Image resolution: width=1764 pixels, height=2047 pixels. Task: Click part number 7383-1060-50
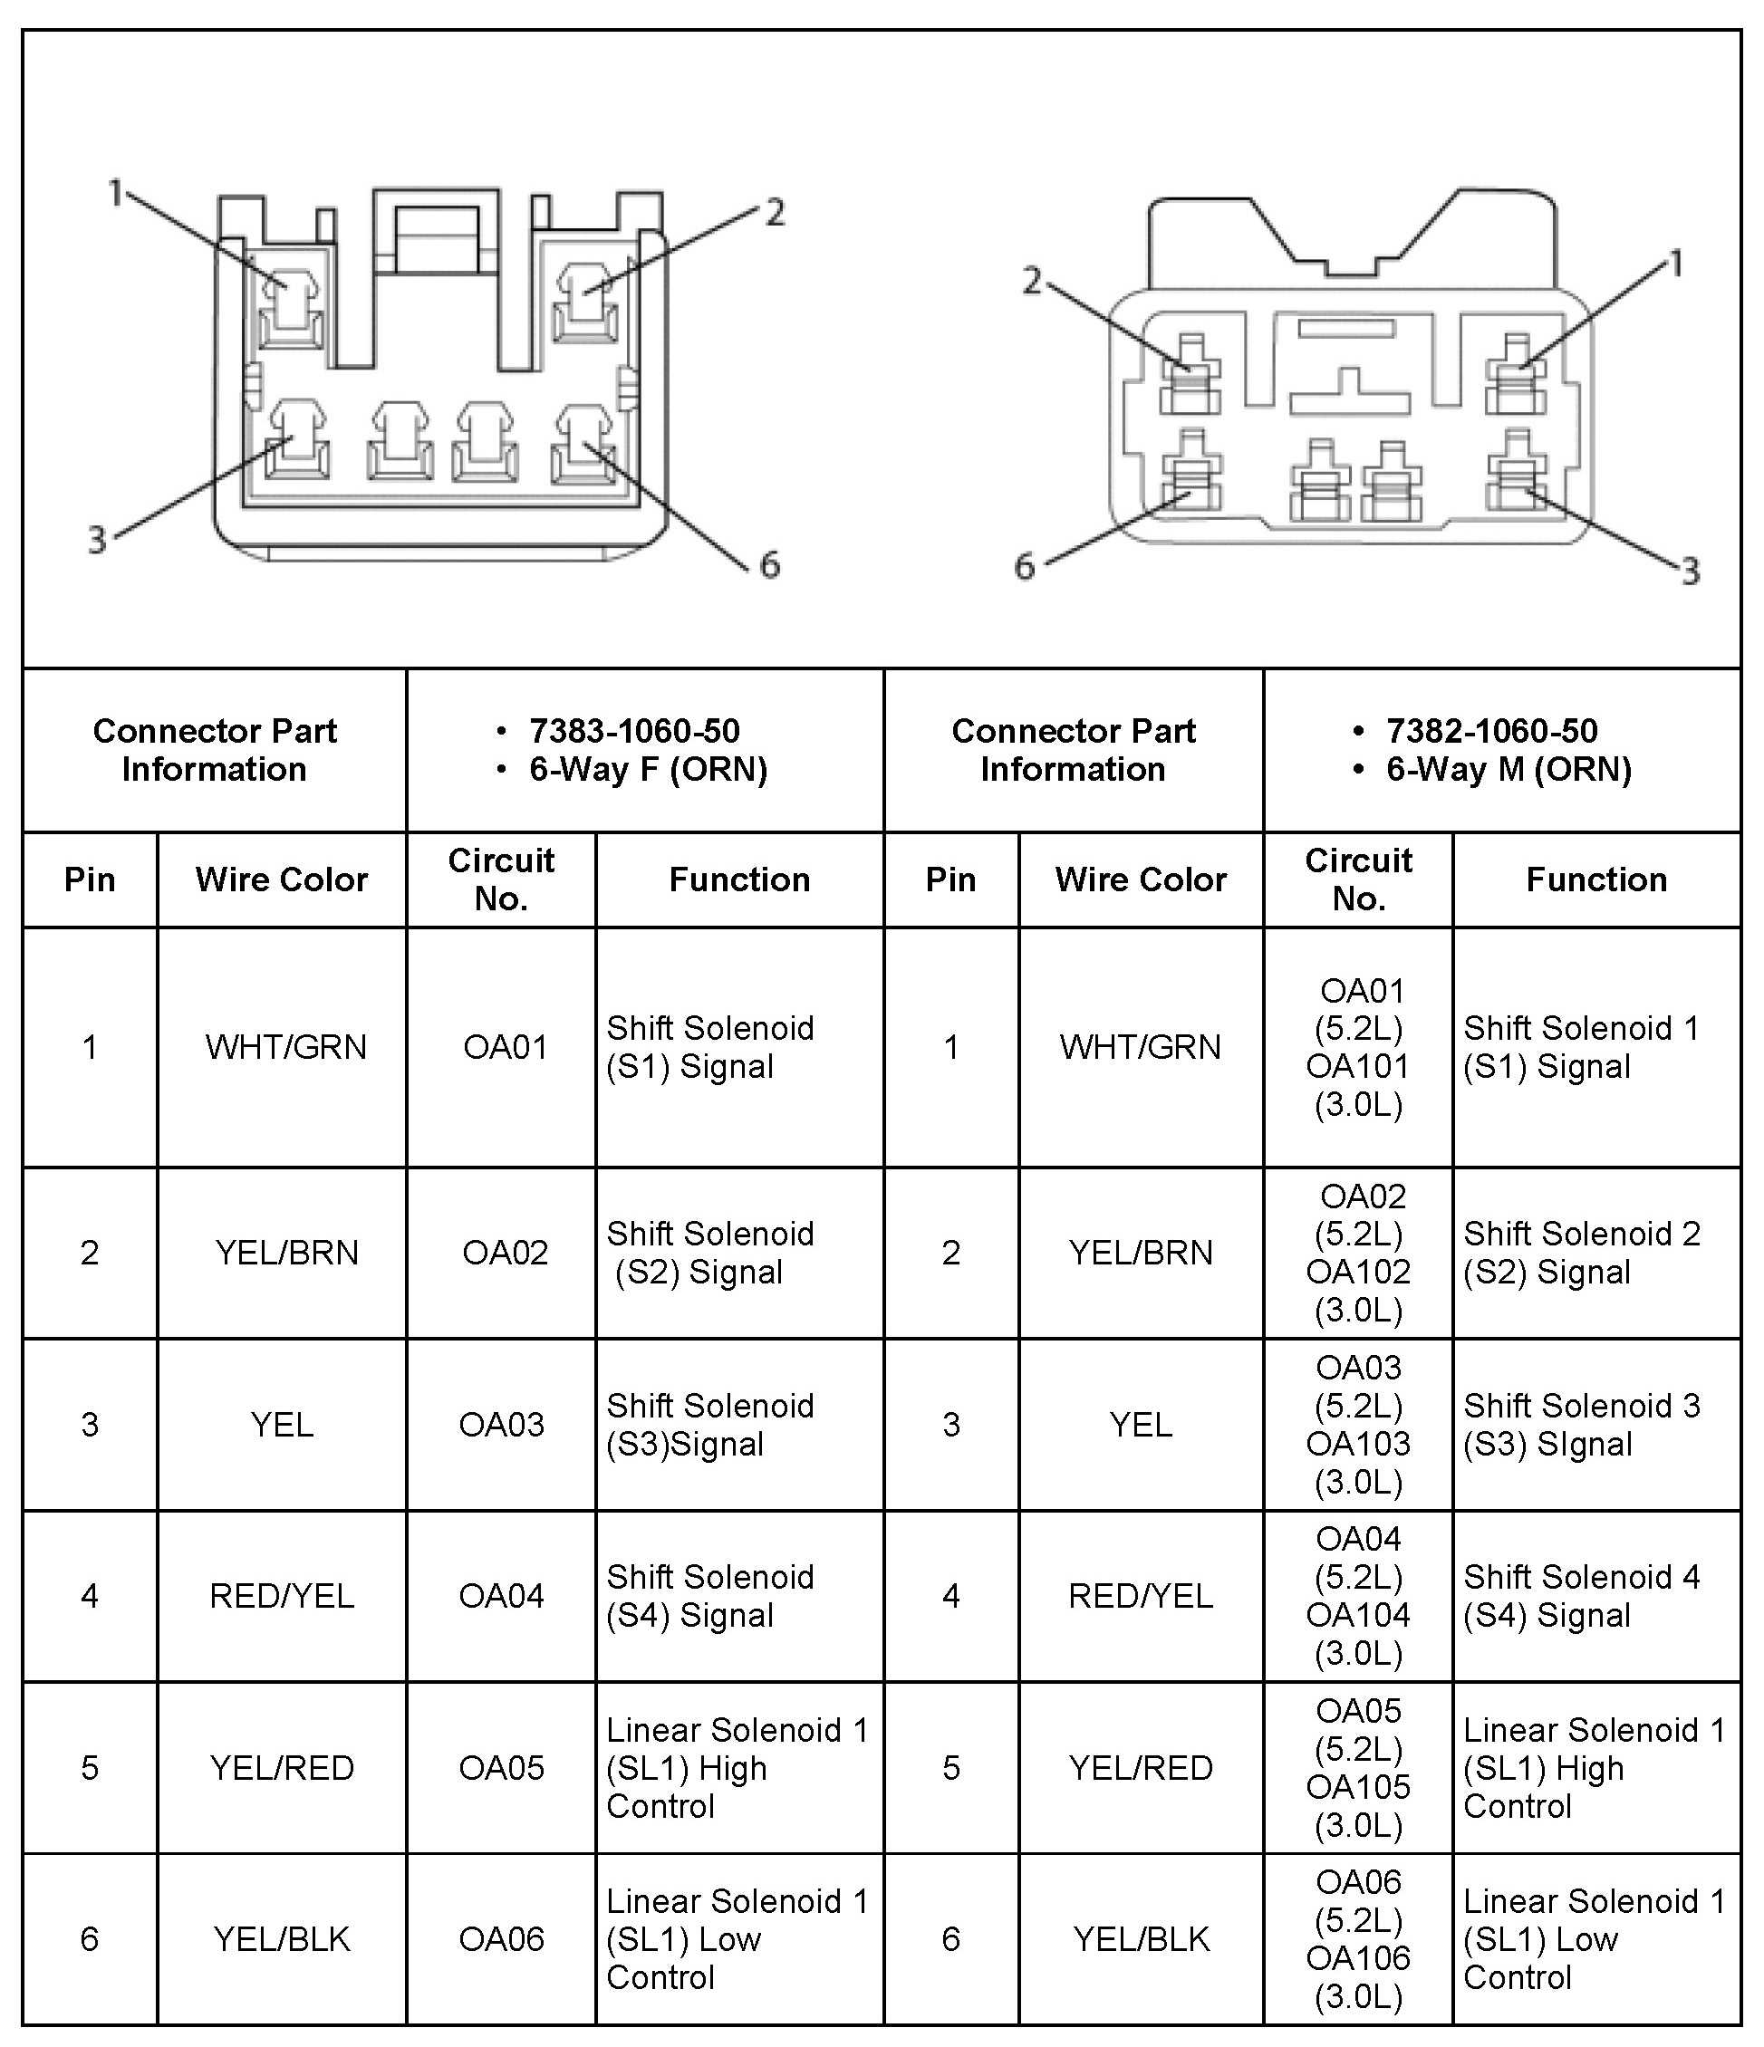tap(633, 731)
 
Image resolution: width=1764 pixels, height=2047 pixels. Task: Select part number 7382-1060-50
tap(1491, 731)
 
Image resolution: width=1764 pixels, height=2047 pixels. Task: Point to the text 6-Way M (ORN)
tap(1508, 770)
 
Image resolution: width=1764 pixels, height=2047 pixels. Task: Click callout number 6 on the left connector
tap(770, 565)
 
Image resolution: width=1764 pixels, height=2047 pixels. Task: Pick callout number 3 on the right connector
tap(1690, 571)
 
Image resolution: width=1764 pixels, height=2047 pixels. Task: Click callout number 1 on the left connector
tap(116, 193)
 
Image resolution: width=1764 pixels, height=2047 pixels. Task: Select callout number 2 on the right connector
tap(1032, 282)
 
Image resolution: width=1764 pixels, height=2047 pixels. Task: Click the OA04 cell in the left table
tap(501, 1596)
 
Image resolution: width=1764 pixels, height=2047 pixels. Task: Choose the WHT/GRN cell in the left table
tap(285, 1047)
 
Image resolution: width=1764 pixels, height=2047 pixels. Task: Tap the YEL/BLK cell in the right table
tap(1142, 1939)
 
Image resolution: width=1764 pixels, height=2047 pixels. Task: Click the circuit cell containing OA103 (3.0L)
tap(1358, 1425)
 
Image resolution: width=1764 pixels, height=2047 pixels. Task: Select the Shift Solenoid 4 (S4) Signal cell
tap(1581, 1596)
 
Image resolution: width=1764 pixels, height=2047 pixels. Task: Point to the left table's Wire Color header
tap(282, 879)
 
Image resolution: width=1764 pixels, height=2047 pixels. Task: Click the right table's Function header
tap(1596, 879)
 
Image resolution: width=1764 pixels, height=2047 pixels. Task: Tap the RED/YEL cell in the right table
tap(1141, 1596)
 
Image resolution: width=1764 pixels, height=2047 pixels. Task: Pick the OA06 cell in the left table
tap(501, 1939)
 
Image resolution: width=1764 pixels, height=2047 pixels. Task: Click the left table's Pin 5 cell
tap(90, 1767)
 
